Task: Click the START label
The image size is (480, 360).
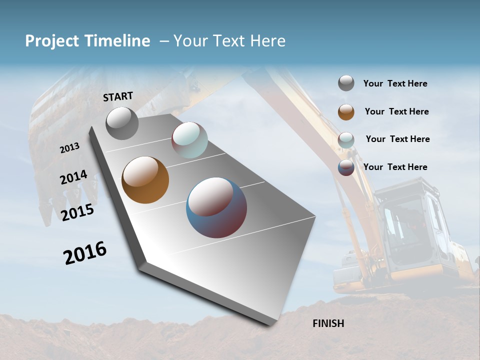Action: (x=118, y=96)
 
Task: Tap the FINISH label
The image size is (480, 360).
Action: (x=328, y=323)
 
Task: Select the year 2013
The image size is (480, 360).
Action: (x=70, y=147)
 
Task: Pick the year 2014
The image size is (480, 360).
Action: (x=73, y=177)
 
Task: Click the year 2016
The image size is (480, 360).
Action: (x=85, y=252)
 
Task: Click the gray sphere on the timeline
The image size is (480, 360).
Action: (x=122, y=123)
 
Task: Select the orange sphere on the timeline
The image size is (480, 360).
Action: (x=145, y=180)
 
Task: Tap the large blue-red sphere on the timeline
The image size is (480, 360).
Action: (x=216, y=207)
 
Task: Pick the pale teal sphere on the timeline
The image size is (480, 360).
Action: (x=189, y=140)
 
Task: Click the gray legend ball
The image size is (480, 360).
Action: (x=346, y=83)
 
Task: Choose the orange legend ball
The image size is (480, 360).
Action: (x=346, y=112)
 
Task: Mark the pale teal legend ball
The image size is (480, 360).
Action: (x=346, y=140)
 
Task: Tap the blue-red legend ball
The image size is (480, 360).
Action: (x=346, y=167)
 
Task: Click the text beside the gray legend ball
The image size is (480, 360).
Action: (x=395, y=84)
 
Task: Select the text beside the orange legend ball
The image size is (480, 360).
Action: (x=396, y=111)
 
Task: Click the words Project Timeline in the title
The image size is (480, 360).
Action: (x=87, y=41)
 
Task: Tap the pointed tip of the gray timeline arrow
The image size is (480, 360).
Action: (x=270, y=323)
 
